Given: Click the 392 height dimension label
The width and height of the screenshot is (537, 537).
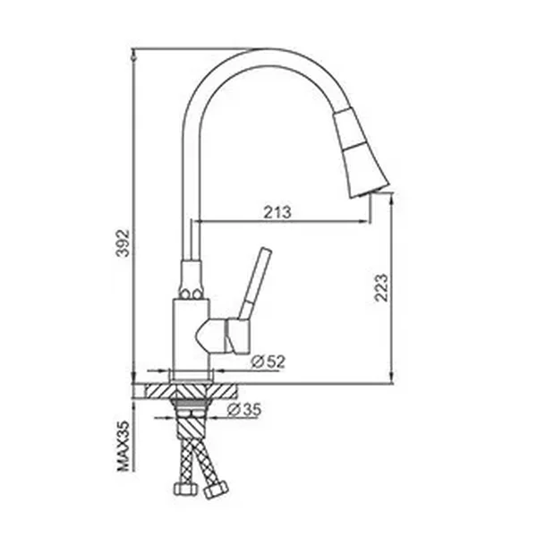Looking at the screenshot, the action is click(123, 243).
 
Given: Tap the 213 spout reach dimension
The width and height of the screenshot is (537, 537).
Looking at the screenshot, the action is click(277, 212).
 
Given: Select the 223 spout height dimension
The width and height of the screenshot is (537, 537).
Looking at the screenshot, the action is click(381, 287).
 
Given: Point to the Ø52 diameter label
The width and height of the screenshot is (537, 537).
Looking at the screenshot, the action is click(268, 362).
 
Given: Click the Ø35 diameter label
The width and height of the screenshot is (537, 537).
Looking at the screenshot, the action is click(244, 409).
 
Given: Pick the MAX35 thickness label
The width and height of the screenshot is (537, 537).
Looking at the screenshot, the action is click(124, 446).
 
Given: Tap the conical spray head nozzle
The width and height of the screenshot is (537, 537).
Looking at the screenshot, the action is click(361, 152).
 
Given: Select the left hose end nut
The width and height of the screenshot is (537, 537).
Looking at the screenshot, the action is click(185, 489).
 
